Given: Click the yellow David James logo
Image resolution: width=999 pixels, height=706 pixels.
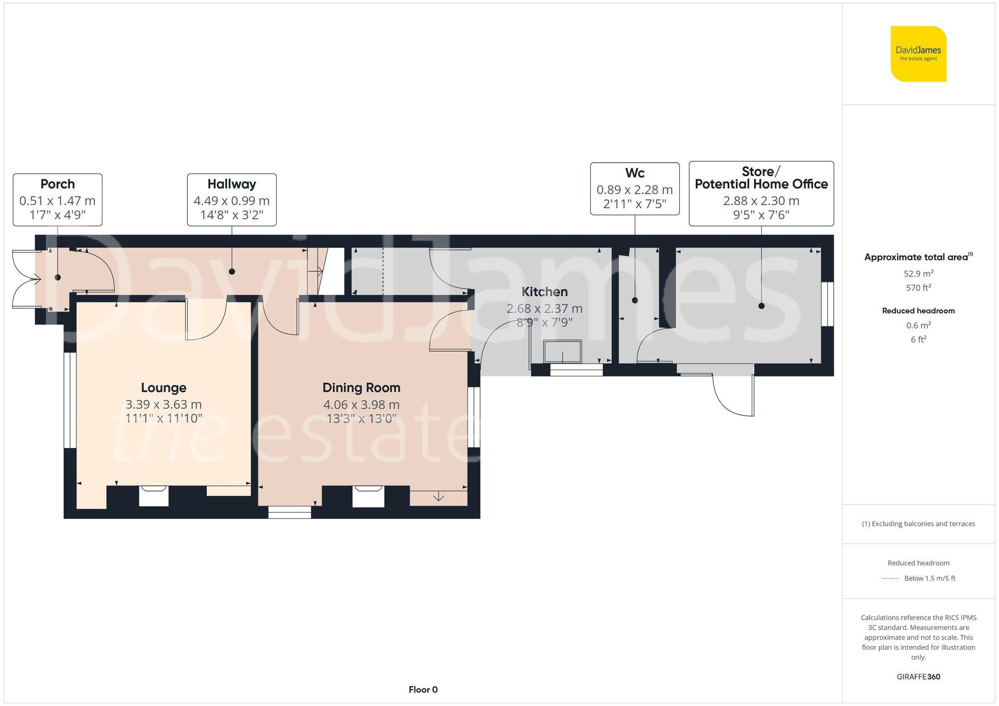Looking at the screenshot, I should [x=918, y=54].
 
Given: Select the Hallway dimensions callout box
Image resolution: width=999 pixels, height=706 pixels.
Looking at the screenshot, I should [x=232, y=200].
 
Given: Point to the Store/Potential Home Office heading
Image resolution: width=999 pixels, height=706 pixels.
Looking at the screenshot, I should [x=761, y=178].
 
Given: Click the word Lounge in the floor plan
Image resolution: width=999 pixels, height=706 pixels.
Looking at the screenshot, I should [x=163, y=388].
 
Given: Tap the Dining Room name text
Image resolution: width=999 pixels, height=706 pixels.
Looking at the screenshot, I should [x=361, y=388].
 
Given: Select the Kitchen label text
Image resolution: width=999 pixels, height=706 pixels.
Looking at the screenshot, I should [x=544, y=292].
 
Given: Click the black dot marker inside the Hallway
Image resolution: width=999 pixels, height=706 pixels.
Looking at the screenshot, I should [x=232, y=271].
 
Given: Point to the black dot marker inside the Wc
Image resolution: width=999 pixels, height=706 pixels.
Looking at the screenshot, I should [x=635, y=300].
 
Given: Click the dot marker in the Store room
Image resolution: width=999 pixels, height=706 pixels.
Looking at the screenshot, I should [x=761, y=306].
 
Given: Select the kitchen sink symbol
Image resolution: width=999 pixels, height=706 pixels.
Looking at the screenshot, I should [x=562, y=351].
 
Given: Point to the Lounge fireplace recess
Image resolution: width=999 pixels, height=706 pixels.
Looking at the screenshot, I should [x=153, y=496].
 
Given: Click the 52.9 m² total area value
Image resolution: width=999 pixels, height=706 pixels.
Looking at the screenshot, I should [x=918, y=273].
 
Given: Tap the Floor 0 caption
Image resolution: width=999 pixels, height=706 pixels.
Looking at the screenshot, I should [x=423, y=690].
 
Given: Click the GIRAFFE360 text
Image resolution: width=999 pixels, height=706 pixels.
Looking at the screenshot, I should [x=918, y=677].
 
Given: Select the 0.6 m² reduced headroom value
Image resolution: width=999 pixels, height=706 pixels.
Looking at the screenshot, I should [x=918, y=325].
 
